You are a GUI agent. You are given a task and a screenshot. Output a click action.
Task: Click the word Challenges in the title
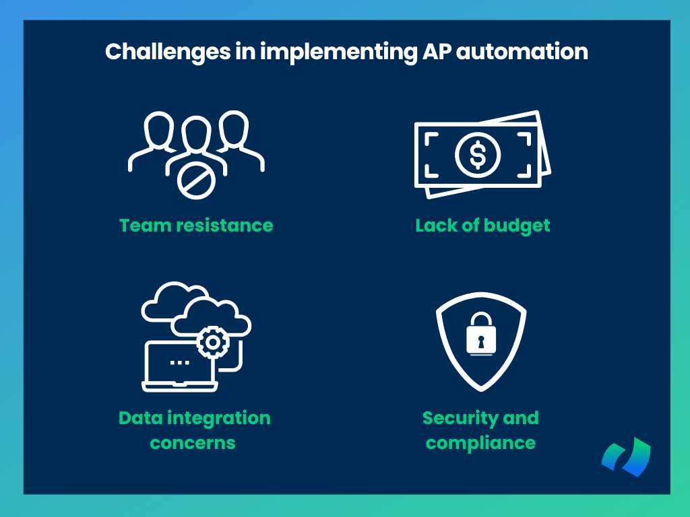click(168, 53)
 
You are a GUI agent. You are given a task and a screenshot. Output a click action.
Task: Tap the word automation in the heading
click(522, 51)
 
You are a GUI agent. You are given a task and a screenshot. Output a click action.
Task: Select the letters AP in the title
click(437, 51)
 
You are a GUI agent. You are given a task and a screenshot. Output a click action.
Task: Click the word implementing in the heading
click(338, 53)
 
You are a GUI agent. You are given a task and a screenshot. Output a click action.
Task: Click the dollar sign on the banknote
click(478, 155)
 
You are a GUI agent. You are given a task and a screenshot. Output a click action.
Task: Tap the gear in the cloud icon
click(213, 342)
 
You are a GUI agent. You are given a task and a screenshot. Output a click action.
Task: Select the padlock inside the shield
click(481, 334)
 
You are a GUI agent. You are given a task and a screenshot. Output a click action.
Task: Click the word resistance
click(224, 226)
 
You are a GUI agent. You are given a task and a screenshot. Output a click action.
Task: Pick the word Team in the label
click(145, 226)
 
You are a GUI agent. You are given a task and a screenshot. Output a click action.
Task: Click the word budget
click(517, 226)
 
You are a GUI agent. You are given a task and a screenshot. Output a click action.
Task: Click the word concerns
click(193, 443)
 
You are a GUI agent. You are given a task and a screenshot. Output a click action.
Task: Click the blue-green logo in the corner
click(626, 457)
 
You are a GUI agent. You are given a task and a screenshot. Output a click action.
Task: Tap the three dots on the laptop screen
click(179, 363)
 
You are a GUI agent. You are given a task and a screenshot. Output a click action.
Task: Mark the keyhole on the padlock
click(481, 341)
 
